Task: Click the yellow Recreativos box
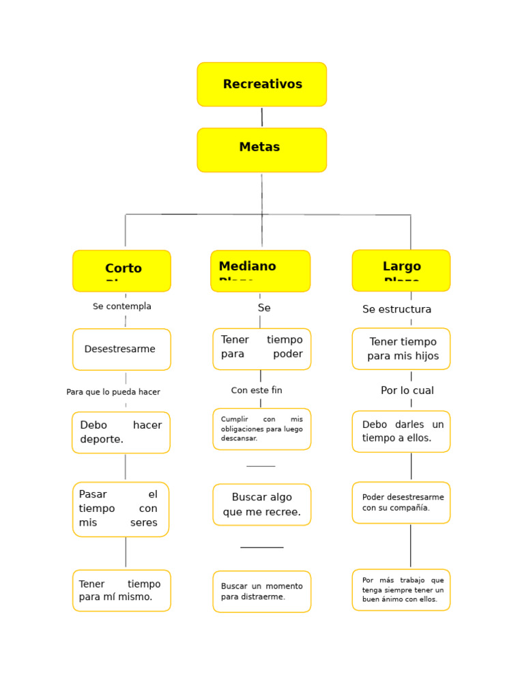(262, 85)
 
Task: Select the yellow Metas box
(262, 149)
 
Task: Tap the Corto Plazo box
(122, 270)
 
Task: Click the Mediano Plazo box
(260, 270)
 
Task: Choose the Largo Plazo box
(401, 270)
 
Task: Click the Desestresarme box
(121, 349)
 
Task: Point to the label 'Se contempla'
(122, 306)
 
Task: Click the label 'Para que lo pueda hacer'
(113, 392)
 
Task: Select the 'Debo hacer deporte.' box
(121, 433)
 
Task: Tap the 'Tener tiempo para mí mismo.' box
(121, 590)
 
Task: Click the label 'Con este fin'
(257, 390)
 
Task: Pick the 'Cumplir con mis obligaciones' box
(262, 429)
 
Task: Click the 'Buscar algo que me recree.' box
(262, 504)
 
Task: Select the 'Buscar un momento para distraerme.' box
(262, 591)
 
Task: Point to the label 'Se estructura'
(397, 309)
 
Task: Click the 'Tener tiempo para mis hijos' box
(401, 349)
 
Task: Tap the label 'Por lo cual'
(407, 390)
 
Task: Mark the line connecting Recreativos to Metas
(262, 117)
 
